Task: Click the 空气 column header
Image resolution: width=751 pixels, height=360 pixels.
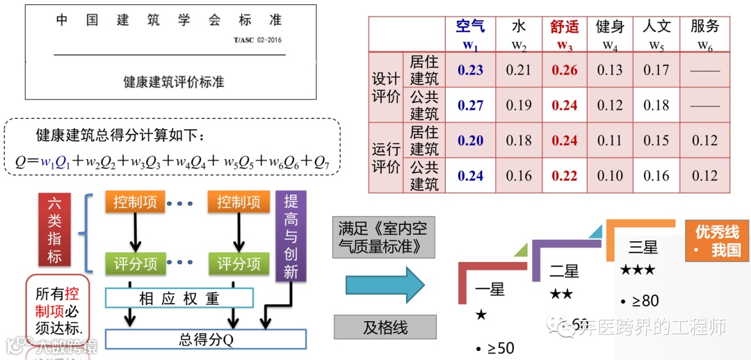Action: coord(471,27)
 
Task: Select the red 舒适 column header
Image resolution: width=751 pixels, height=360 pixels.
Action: coord(565,27)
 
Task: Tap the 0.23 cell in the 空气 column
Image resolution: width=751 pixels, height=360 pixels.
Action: coord(471,70)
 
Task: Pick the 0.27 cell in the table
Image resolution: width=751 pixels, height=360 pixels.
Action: coord(471,106)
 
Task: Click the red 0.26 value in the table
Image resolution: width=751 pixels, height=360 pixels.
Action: coord(565,70)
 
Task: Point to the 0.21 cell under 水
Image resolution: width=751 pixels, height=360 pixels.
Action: coord(519,70)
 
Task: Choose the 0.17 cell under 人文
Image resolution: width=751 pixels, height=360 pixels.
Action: coord(656,70)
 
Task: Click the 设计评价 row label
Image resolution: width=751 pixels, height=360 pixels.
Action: coord(386,88)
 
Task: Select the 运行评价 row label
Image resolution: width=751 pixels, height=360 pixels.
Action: coord(386,158)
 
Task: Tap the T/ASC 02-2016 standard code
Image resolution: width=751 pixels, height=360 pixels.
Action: coord(258,40)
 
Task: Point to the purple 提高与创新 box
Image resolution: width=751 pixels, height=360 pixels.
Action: coord(291,236)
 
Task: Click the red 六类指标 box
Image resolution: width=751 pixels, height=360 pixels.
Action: coord(55,231)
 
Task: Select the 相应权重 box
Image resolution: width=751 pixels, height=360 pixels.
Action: coord(179,299)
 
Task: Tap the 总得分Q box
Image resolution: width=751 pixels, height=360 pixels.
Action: coord(206,339)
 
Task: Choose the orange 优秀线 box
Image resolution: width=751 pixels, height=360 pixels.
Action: coord(717,240)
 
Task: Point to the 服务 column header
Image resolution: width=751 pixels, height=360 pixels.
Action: coord(704,27)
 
